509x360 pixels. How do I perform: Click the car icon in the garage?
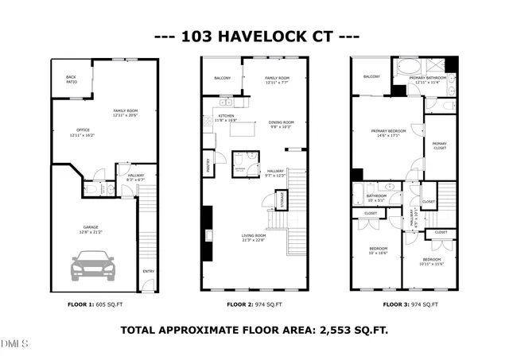point(94,265)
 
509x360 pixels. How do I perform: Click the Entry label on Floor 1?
point(148,272)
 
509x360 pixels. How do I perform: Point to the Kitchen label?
point(226,117)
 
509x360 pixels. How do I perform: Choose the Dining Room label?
point(282,122)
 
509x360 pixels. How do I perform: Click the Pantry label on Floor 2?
point(208,165)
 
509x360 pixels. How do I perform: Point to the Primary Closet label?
point(440,145)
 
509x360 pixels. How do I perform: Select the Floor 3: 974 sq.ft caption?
point(411,304)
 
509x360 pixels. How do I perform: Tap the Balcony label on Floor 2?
point(222,78)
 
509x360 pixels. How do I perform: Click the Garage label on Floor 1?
point(91,228)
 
